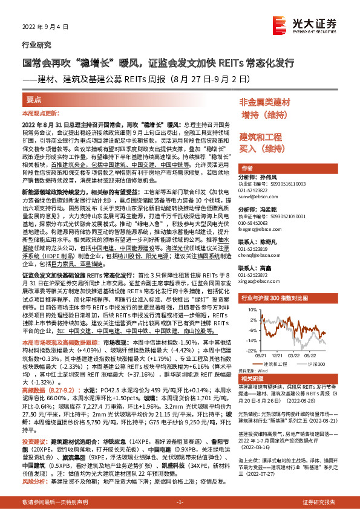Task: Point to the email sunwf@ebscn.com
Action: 257,196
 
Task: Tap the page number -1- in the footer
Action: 180,502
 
